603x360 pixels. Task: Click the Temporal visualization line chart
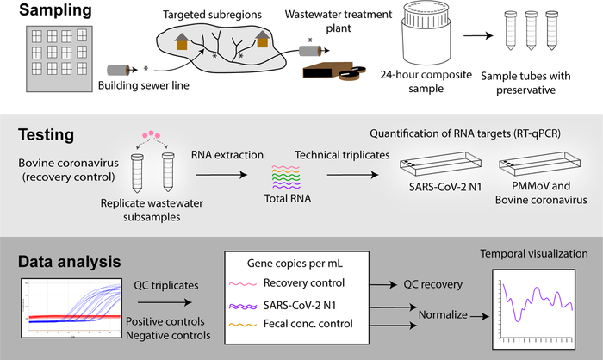pyautogui.click(x=532, y=300)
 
